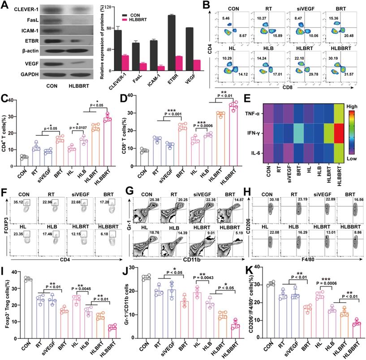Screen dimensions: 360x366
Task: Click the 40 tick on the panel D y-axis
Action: pos(128,96)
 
